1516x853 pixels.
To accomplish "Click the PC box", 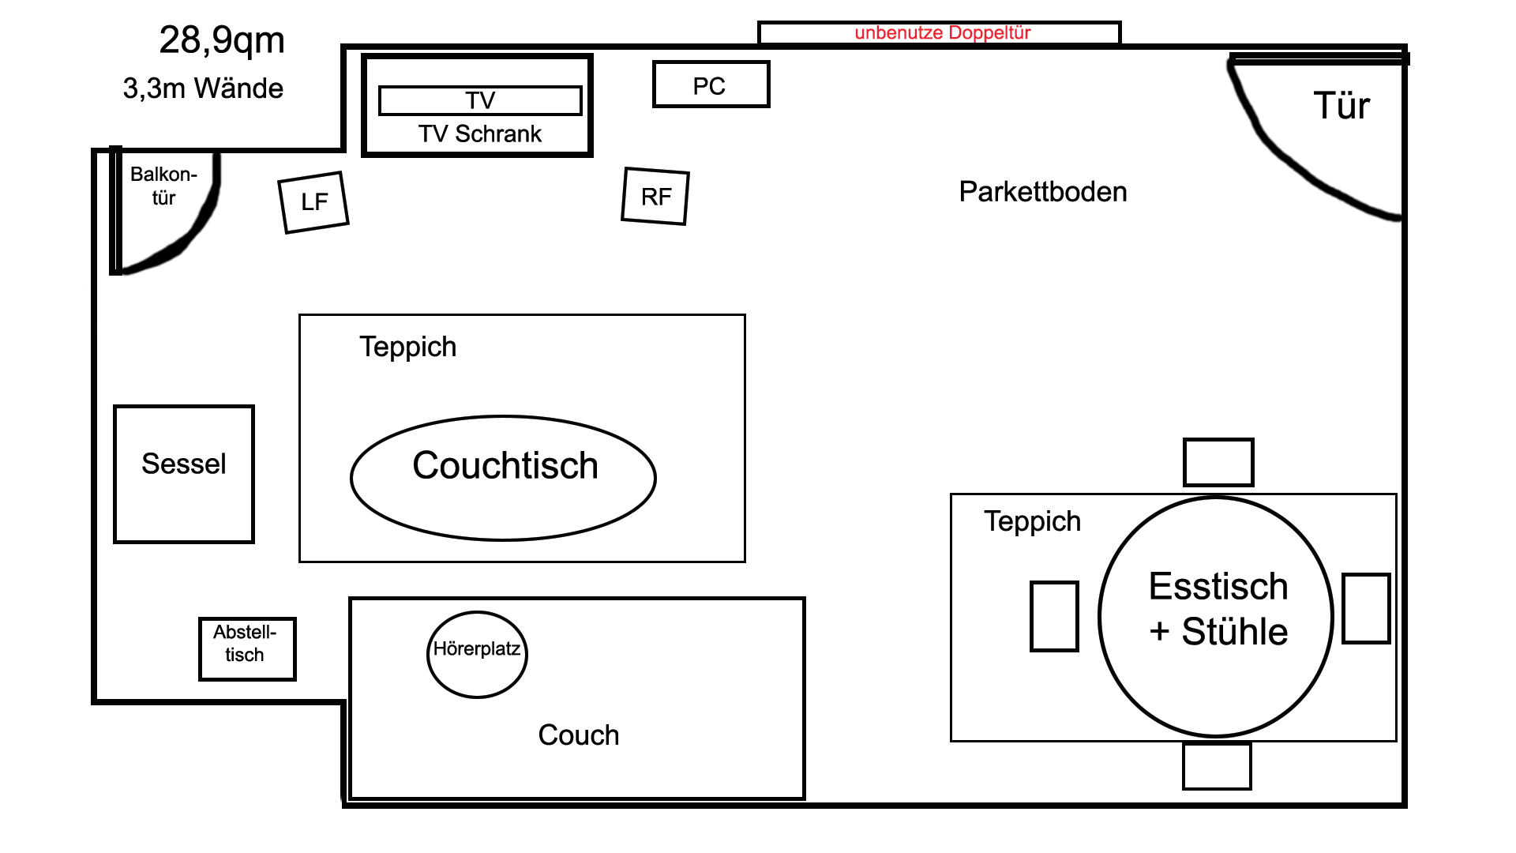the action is coord(711,85).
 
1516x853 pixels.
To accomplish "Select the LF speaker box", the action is coord(313,202).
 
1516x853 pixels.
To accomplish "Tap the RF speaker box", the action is coord(655,196).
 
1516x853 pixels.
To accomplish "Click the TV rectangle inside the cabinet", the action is coord(480,100).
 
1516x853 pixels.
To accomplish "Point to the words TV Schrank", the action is coord(480,133).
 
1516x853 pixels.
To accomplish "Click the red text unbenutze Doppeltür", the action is coord(943,32).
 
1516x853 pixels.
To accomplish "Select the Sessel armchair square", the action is coord(184,474).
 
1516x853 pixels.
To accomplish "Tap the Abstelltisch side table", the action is coord(247,648).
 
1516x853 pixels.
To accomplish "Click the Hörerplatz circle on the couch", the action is coord(477,655).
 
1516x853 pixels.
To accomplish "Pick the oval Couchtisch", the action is coord(503,478).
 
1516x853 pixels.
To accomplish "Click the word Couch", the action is coord(579,735).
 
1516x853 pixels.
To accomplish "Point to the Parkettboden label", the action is coord(1043,192).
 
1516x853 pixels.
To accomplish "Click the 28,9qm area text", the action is coord(222,41).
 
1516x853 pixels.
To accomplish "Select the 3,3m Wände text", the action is coord(203,88).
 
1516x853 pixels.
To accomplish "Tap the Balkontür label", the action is coord(163,186).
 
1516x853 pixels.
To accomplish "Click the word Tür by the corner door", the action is coord(1342,105).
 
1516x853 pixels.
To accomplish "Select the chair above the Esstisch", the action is coord(1218,462).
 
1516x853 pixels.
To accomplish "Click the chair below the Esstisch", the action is coord(1217,765).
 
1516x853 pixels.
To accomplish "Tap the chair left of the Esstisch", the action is coord(1054,616).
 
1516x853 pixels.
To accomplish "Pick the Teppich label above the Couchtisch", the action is coord(408,347).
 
